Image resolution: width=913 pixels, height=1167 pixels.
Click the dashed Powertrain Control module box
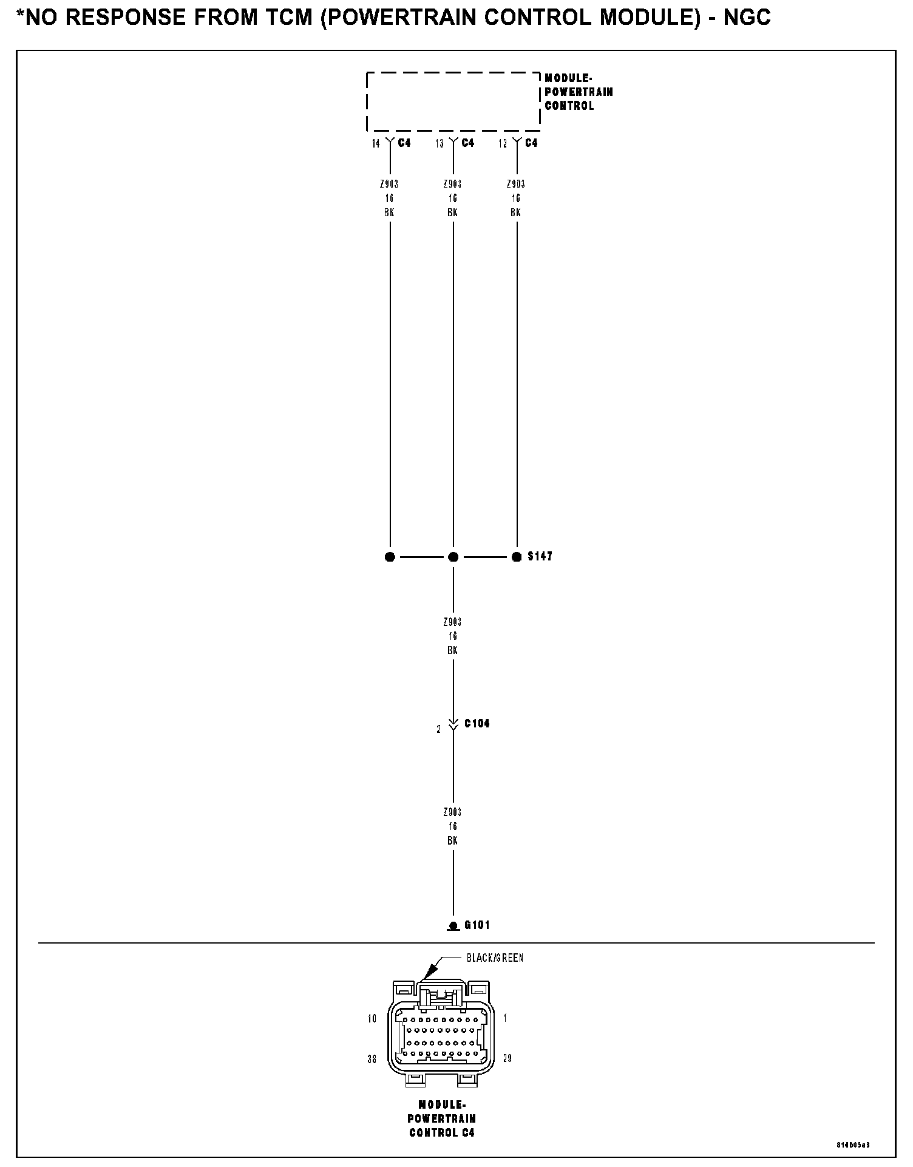click(453, 101)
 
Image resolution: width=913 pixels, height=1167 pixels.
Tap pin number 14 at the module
click(376, 143)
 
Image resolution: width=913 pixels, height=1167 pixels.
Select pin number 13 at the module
click(440, 143)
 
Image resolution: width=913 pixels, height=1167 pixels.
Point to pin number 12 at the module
click(503, 143)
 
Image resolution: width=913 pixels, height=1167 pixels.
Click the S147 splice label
click(540, 556)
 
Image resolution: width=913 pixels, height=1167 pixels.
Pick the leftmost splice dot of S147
click(390, 557)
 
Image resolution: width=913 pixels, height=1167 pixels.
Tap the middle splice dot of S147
click(453, 557)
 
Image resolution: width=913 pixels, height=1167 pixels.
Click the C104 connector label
click(477, 723)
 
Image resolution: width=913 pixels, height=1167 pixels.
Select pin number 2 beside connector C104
click(439, 729)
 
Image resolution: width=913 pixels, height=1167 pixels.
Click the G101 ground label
click(477, 925)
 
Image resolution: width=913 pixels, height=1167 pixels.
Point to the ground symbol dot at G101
click(453, 926)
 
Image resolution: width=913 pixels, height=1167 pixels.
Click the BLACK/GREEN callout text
click(495, 958)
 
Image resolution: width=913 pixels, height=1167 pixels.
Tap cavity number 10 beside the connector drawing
click(372, 1018)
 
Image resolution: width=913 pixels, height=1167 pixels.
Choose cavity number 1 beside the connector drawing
click(505, 1018)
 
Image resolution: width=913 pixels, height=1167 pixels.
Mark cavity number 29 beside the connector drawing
click(507, 1058)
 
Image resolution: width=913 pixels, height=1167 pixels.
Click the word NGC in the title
click(747, 18)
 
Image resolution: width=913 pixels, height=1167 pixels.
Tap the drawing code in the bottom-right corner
click(854, 1145)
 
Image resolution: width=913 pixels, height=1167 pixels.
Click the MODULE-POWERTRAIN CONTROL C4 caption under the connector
click(442, 1118)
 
